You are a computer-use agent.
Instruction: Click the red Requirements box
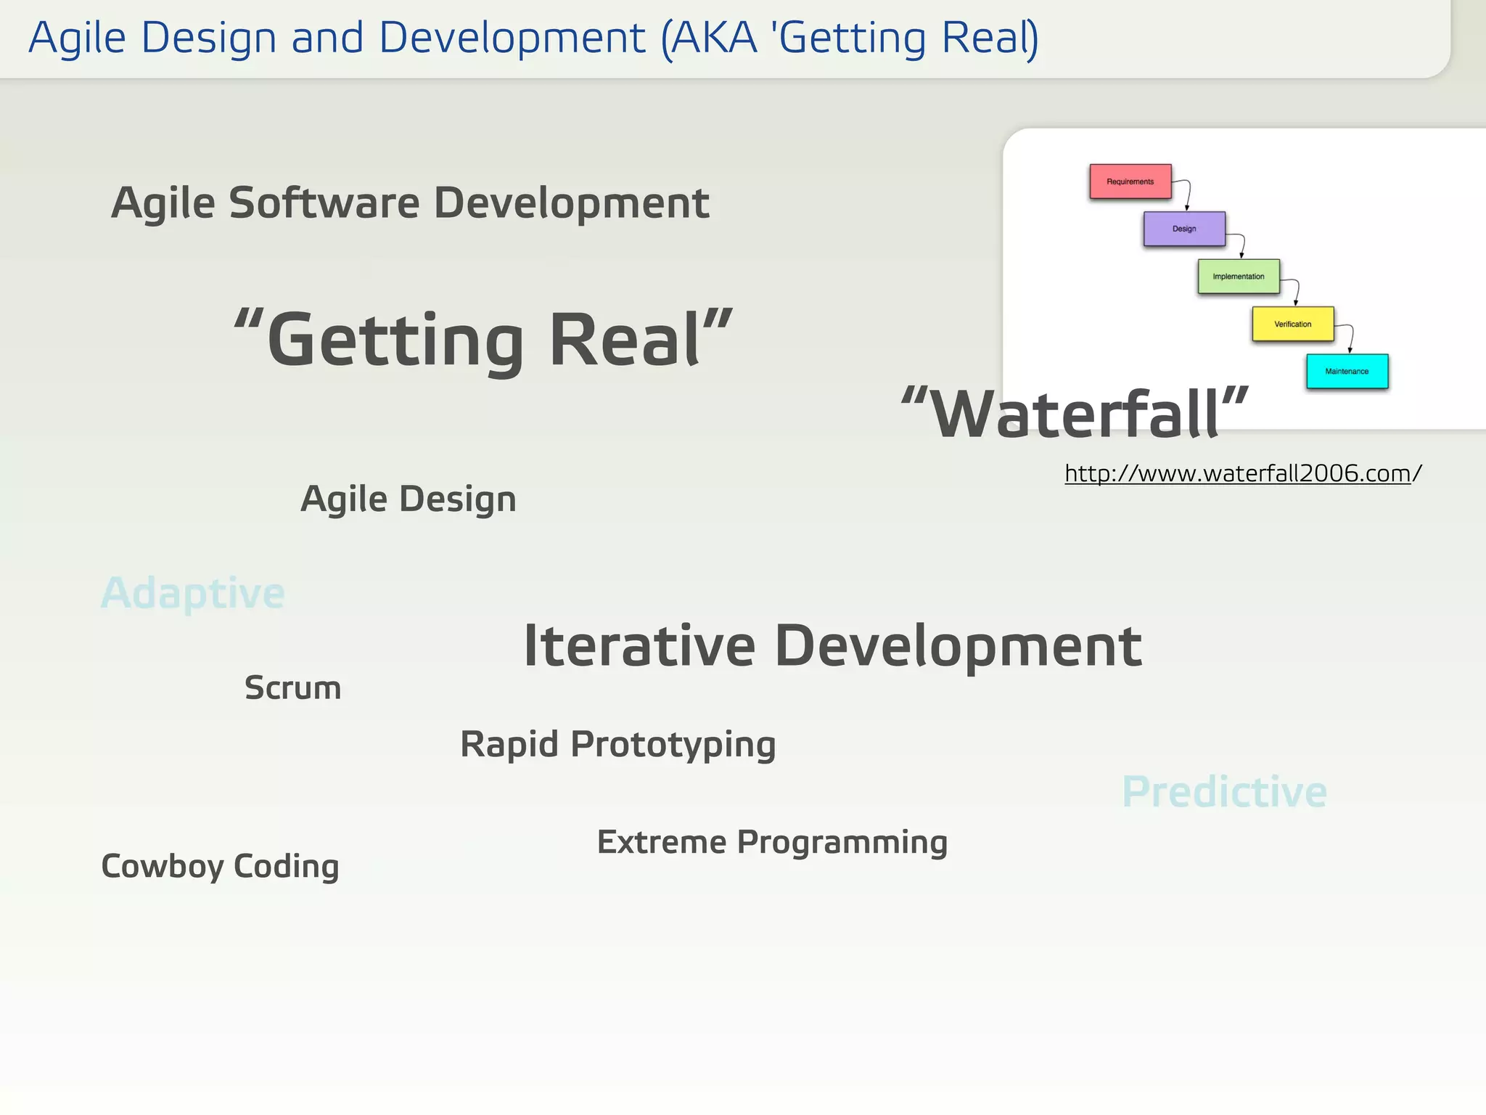[x=1130, y=181]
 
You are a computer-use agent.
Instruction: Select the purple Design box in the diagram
[x=1184, y=229]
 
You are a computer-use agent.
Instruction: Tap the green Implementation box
[x=1238, y=277]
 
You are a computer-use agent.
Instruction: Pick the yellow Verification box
[x=1292, y=324]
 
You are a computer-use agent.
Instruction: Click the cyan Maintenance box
[x=1347, y=372]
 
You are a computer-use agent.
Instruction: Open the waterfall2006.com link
[x=1242, y=473]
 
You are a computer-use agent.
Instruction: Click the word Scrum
[x=292, y=687]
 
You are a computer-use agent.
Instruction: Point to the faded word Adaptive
[x=192, y=593]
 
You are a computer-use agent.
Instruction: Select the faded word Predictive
[x=1224, y=791]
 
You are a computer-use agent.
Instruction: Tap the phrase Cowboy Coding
[x=220, y=866]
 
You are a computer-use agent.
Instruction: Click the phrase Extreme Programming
[x=772, y=842]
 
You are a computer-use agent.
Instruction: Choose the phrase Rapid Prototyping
[x=617, y=744]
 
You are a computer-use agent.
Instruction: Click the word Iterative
[x=639, y=645]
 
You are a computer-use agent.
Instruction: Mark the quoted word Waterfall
[x=1075, y=414]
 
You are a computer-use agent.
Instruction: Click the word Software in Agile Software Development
[x=324, y=203]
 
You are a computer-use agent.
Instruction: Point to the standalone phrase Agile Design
[x=408, y=499]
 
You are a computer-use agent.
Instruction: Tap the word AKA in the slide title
[x=713, y=38]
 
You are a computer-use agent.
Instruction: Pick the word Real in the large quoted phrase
[x=625, y=340]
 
